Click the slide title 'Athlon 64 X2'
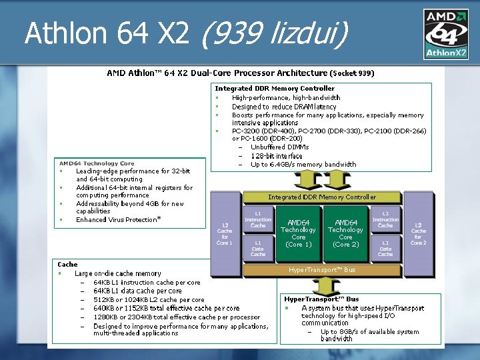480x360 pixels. tap(107, 33)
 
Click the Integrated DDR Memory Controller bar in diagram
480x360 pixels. tap(322, 197)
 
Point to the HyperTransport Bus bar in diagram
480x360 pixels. tap(322, 270)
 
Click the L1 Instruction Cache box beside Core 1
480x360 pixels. tap(258, 219)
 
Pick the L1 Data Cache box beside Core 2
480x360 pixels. tap(385, 249)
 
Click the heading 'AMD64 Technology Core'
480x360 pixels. tap(97, 163)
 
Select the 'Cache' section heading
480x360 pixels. tap(67, 265)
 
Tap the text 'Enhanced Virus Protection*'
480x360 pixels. tap(119, 219)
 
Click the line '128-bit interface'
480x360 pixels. tap(277, 156)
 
